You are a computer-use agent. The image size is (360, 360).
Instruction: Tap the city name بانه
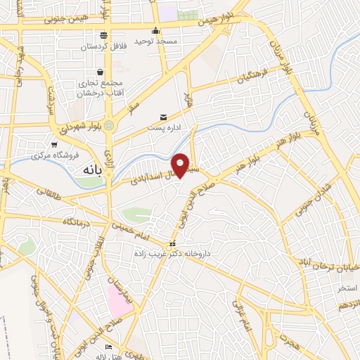[x=91, y=170]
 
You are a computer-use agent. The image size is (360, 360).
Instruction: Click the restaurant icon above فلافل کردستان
[x=104, y=35]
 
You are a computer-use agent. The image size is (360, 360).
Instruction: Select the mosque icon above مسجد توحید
[x=156, y=31]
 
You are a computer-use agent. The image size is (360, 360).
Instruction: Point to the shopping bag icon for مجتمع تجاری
[x=101, y=72]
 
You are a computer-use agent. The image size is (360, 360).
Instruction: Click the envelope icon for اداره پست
[x=163, y=117]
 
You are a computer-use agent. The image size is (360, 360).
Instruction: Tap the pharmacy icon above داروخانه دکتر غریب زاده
[x=173, y=244]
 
